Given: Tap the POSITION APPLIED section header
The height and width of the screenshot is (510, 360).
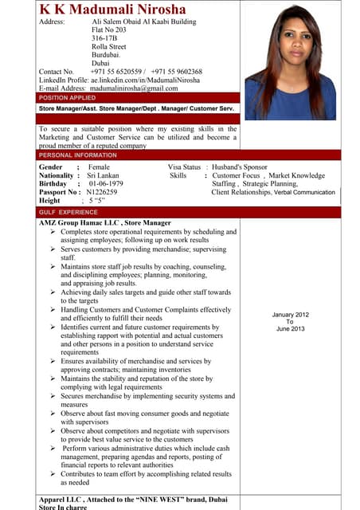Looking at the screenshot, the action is (x=67, y=97).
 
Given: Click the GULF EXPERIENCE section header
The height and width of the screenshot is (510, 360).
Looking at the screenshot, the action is (x=68, y=213).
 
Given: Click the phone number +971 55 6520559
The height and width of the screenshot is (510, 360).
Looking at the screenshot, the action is (x=115, y=71).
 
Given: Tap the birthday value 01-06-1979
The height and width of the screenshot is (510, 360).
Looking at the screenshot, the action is (x=106, y=183).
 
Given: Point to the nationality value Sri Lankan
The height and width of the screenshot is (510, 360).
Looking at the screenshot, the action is (x=104, y=175).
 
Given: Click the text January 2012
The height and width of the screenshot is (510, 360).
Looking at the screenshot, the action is (x=290, y=315).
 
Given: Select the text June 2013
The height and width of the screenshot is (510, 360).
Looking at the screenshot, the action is (x=290, y=328).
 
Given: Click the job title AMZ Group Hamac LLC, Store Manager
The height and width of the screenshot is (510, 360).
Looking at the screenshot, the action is (x=104, y=223).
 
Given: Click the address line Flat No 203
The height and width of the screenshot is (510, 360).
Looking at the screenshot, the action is (x=109, y=29).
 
